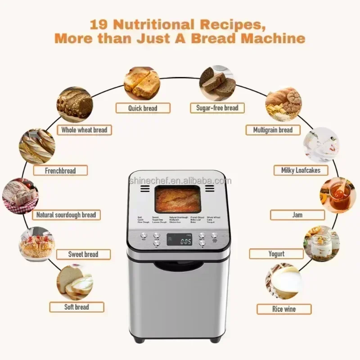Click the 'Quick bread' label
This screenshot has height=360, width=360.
tap(143, 108)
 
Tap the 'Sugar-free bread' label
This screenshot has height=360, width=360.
tap(217, 108)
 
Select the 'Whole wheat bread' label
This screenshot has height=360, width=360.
tap(84, 130)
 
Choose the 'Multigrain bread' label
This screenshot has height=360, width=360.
tap(273, 130)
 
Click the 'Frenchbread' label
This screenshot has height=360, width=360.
tap(60, 171)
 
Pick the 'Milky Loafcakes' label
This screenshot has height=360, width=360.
tap(301, 170)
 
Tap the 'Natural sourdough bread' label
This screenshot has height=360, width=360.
tap(66, 215)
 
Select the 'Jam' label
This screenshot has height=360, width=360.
tap(297, 215)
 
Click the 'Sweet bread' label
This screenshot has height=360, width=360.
tap(83, 254)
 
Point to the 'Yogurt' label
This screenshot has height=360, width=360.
tap(276, 254)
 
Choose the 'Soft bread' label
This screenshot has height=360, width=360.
tap(76, 307)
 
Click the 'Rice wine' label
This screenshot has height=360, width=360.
tap(284, 309)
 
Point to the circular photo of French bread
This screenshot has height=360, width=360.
tap(37, 146)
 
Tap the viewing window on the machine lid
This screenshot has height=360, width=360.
tap(177, 200)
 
